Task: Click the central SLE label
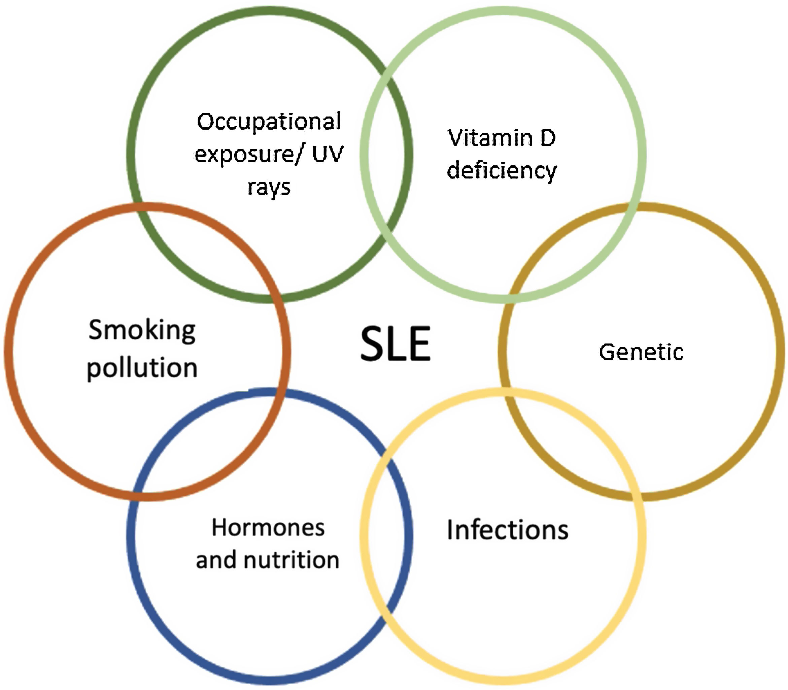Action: click(x=396, y=343)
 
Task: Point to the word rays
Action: click(x=269, y=188)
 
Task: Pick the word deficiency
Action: click(x=502, y=171)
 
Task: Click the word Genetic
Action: click(x=641, y=352)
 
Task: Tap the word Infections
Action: click(x=507, y=530)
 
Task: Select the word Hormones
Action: click(x=268, y=527)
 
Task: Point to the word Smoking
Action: click(x=142, y=330)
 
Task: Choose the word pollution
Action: click(x=142, y=368)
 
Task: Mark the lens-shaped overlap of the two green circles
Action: click(x=386, y=154)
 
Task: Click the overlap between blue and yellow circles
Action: click(x=386, y=535)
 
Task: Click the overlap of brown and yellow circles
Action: click(x=570, y=443)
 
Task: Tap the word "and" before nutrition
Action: click(x=215, y=560)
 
